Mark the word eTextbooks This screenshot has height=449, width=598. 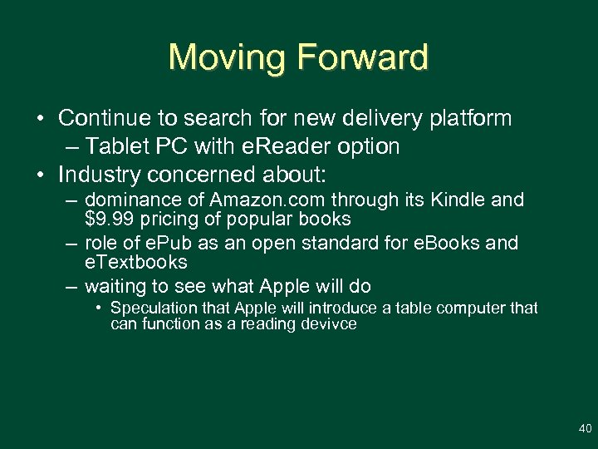click(x=136, y=263)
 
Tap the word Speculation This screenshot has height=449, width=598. click(x=153, y=308)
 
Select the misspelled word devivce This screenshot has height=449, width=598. click(x=327, y=324)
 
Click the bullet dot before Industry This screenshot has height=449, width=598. click(x=40, y=176)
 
